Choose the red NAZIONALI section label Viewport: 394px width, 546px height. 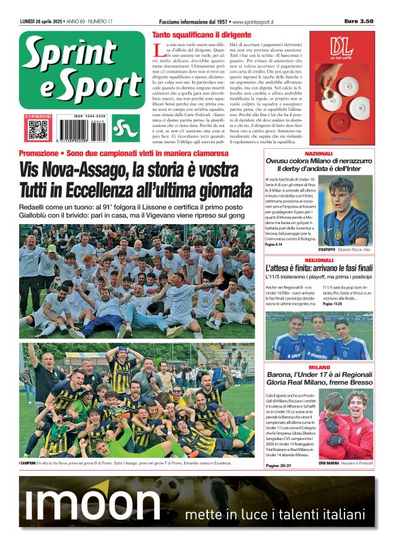318,154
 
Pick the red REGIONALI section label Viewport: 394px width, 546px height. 318,261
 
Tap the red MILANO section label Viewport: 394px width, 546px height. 318,367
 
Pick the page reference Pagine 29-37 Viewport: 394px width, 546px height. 279,465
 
